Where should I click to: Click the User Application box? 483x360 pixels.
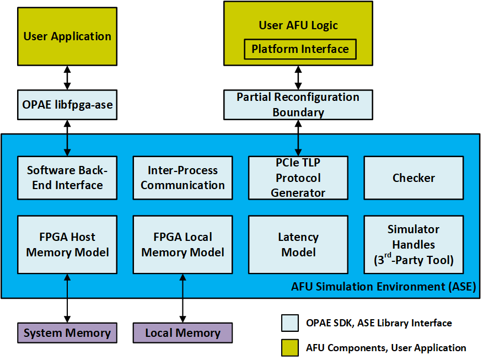point(67,37)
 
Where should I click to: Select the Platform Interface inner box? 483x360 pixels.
point(300,49)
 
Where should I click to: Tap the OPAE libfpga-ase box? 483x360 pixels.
point(67,105)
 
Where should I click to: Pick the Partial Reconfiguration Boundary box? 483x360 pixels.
point(298,105)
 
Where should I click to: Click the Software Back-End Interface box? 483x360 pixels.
point(67,178)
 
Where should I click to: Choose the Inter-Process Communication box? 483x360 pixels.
point(183,178)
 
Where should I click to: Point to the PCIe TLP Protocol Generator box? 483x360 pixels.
point(298,178)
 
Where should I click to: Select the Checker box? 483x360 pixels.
point(414,178)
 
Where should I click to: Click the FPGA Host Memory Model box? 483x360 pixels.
point(67,244)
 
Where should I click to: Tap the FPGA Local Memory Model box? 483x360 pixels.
point(183,244)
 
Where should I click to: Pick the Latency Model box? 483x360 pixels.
point(298,244)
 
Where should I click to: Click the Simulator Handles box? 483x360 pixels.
point(414,244)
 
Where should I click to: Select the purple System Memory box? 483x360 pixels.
point(67,333)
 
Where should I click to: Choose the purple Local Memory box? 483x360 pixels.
point(183,333)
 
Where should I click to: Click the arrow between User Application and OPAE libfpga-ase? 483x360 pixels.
point(67,78)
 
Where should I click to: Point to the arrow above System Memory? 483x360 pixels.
point(67,298)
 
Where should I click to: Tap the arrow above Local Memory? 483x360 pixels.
point(183,298)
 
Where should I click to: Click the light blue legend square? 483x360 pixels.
point(289,323)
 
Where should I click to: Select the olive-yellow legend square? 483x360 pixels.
point(289,347)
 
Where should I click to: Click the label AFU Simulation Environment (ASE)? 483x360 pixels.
point(383,287)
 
